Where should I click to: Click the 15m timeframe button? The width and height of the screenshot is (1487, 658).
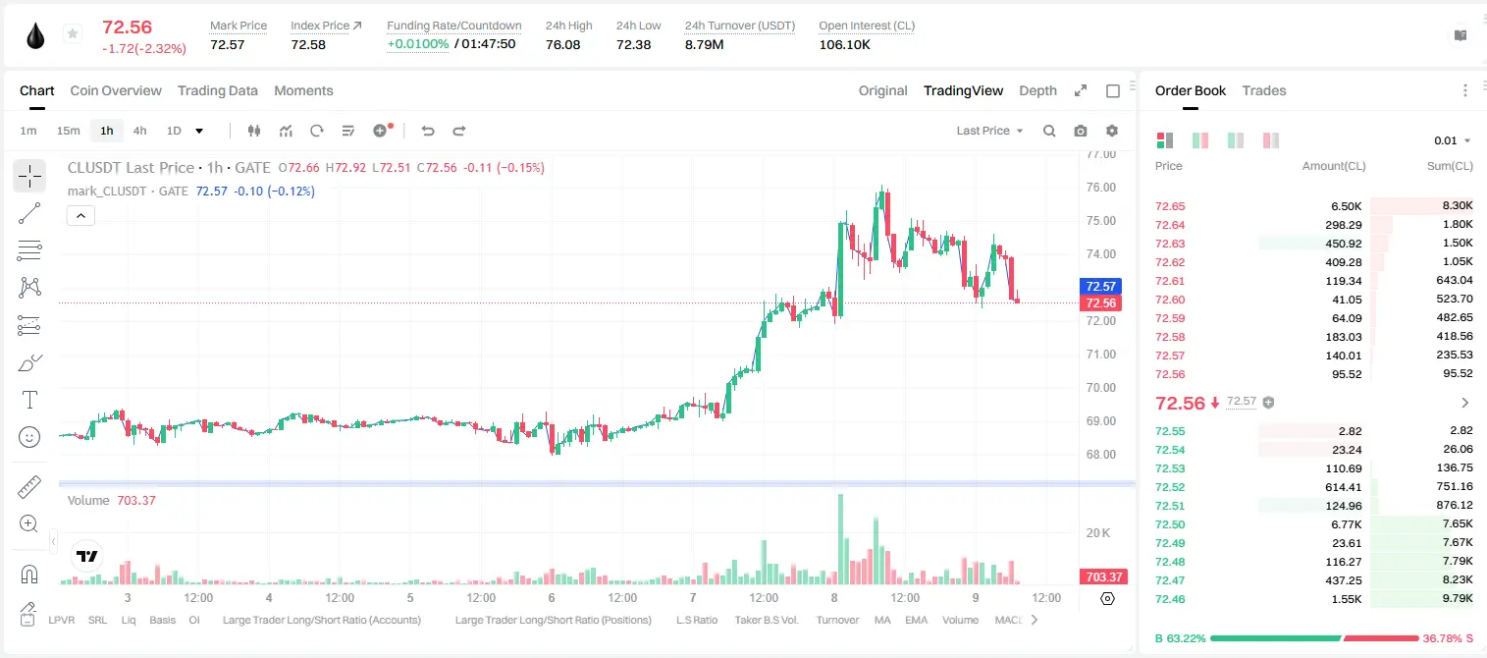[69, 131]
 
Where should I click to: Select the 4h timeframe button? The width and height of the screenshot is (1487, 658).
[139, 131]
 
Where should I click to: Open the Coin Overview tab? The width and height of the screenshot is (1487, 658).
[116, 91]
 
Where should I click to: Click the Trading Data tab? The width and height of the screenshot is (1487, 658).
[218, 91]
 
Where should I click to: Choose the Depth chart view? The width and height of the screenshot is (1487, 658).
[1037, 91]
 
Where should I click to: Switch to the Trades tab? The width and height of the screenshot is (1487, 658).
[1264, 91]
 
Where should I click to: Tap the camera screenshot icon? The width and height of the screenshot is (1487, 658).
[1081, 131]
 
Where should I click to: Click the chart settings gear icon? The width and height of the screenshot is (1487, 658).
[1112, 131]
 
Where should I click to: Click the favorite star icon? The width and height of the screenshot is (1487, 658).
[73, 33]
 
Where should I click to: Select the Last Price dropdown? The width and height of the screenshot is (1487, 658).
[989, 131]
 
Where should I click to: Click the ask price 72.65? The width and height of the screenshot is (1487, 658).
[1170, 206]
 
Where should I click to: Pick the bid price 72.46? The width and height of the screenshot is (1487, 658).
[1170, 599]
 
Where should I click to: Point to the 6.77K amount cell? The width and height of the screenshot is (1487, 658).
[1347, 524]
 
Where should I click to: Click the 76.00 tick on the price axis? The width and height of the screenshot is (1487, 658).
[1100, 188]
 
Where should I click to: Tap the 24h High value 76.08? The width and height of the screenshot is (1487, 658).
[563, 44]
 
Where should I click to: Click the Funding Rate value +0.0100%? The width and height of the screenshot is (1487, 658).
[418, 44]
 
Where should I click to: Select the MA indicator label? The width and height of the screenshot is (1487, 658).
[882, 620]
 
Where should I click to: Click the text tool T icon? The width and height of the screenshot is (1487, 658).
[29, 400]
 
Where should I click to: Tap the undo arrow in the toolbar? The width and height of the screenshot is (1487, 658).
[428, 131]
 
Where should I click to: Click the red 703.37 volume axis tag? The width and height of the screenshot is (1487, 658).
[1103, 577]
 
